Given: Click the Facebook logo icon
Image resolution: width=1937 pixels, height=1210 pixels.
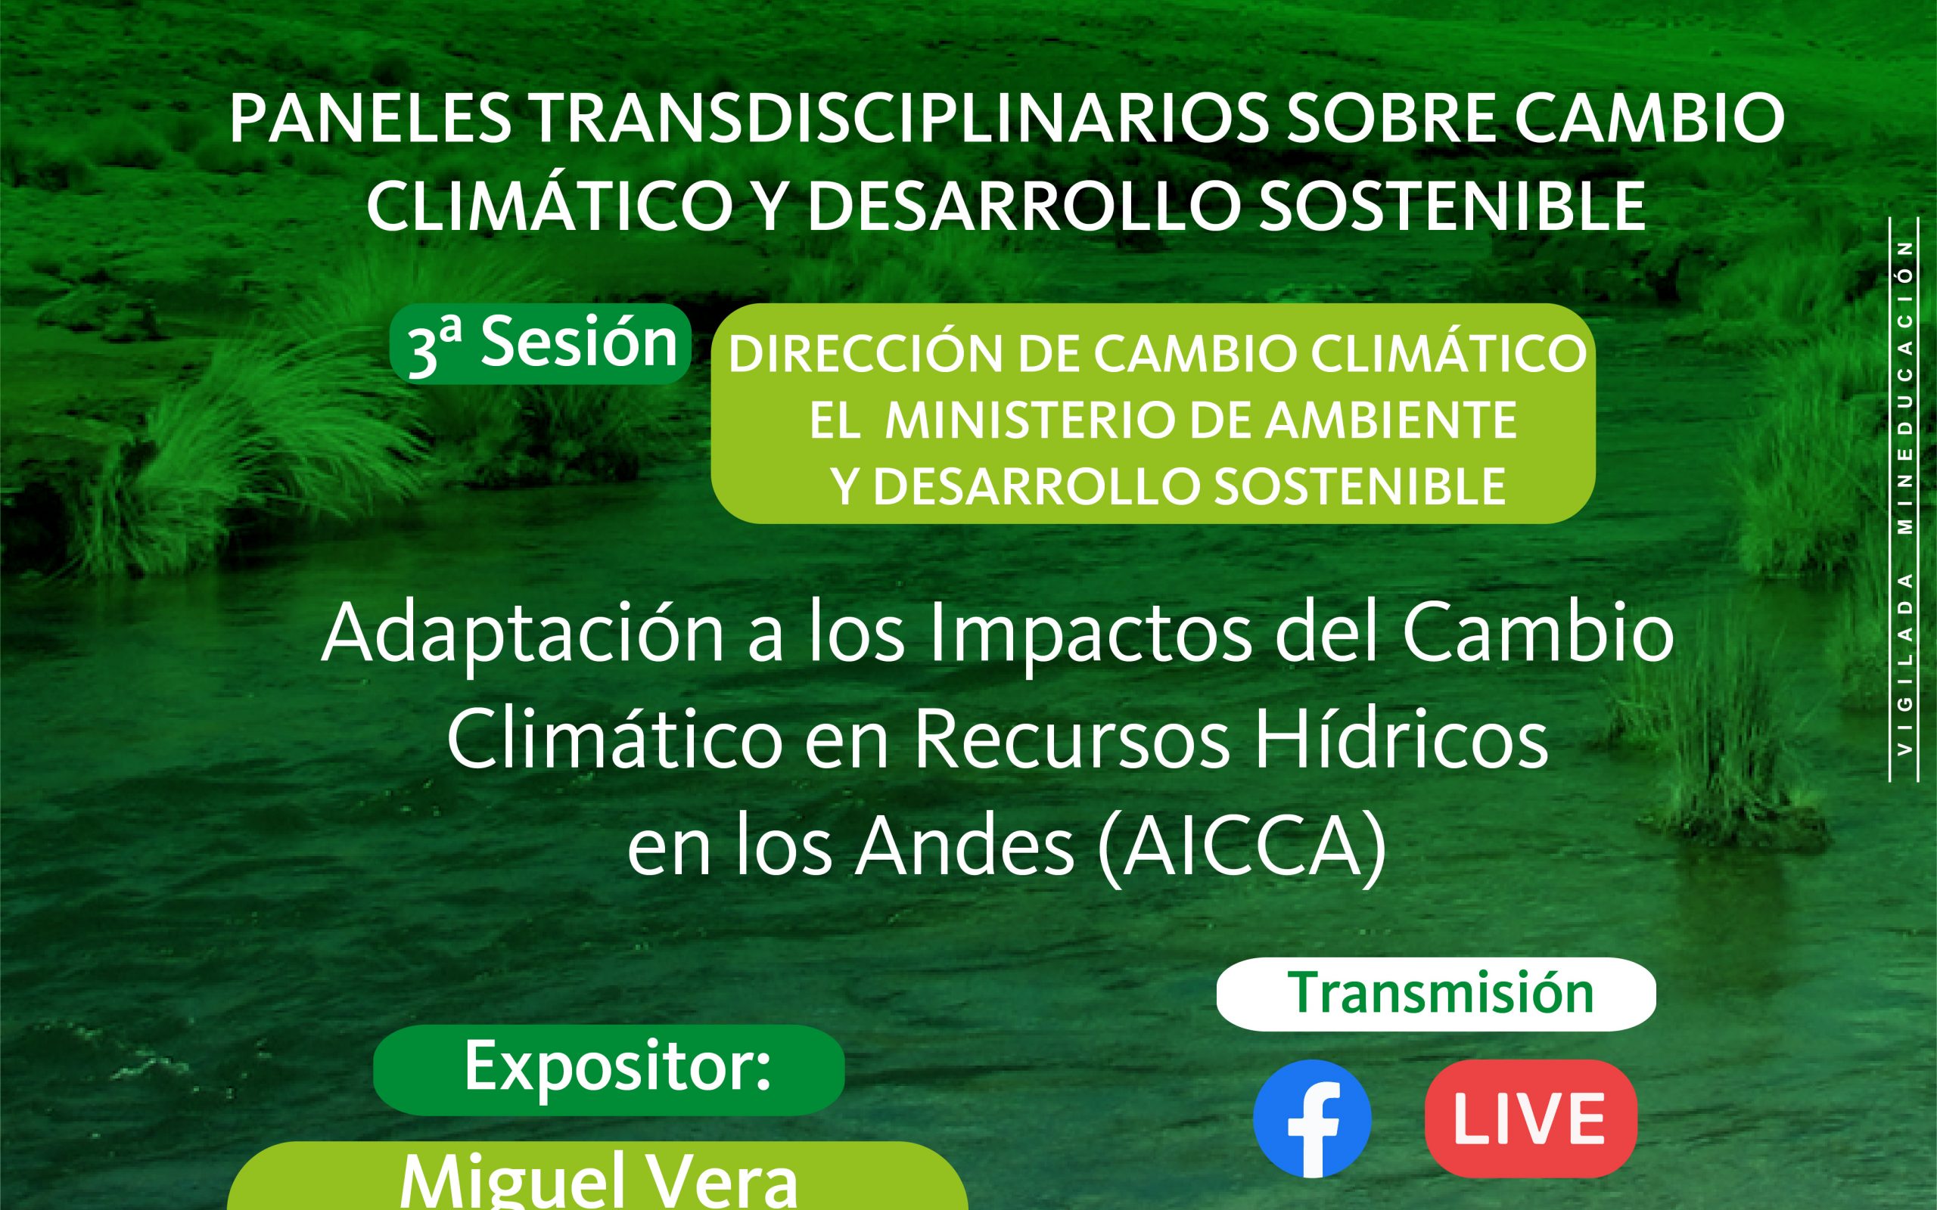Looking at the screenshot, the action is tap(1312, 1118).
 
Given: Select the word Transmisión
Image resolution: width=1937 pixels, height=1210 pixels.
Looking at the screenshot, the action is tap(1440, 994).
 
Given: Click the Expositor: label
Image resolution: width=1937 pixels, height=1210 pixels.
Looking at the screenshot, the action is tap(617, 1067).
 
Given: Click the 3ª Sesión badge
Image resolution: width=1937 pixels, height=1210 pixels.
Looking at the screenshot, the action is tap(541, 345).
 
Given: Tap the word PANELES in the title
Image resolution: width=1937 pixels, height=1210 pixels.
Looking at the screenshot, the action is tap(370, 119).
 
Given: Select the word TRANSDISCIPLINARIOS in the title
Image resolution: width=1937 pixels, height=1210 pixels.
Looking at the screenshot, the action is tap(899, 119).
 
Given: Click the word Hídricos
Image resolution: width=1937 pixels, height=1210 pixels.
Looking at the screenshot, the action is tap(1401, 740).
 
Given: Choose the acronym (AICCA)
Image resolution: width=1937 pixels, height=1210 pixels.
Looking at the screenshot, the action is tap(1242, 849).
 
